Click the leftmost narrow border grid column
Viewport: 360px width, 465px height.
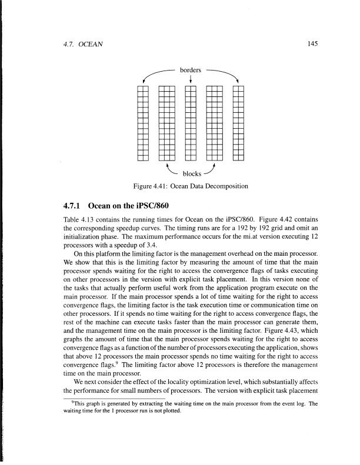click(142, 123)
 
